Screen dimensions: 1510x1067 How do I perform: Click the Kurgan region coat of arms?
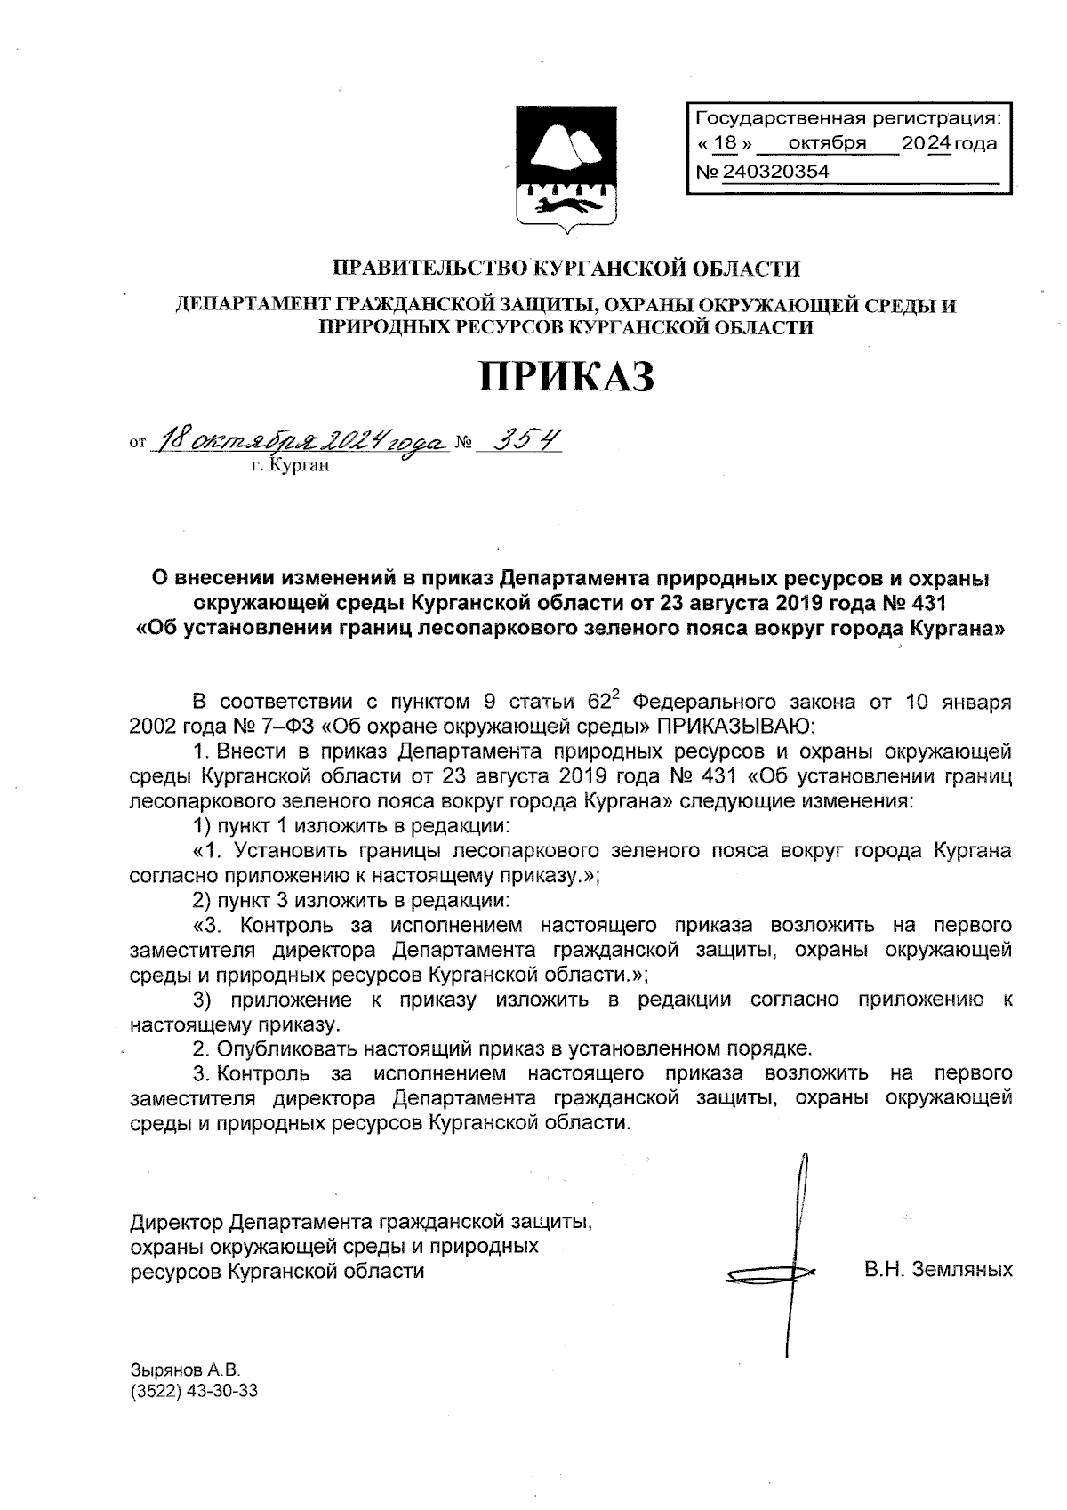click(564, 170)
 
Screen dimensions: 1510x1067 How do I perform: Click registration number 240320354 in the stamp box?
click(776, 172)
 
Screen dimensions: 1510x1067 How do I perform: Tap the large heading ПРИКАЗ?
click(567, 377)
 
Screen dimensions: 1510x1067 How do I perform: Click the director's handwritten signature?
click(787, 1263)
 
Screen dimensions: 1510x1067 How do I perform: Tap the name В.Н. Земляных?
click(938, 1269)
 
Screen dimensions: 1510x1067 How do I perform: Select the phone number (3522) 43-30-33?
click(194, 1391)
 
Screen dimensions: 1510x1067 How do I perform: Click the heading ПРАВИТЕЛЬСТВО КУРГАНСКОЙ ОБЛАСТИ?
click(566, 268)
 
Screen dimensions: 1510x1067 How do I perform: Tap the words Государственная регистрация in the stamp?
click(846, 117)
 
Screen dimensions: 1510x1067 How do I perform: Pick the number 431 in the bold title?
click(925, 604)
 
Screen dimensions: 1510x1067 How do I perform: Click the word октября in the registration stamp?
click(827, 143)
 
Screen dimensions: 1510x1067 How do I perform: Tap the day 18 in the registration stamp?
click(726, 143)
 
